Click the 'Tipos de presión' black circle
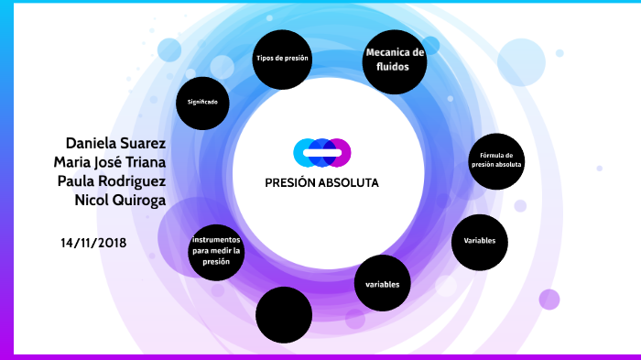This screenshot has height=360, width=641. point(281,59)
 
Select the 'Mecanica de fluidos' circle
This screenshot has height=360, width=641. point(395,60)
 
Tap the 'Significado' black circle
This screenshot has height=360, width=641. point(202,102)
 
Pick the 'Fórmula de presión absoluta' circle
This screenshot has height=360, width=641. point(496,160)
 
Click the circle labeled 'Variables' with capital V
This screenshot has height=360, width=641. point(479,241)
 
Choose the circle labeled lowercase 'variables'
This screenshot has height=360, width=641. point(382,285)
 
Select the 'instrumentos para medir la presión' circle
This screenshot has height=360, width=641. point(217,250)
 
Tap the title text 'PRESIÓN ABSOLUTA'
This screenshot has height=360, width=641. point(321,182)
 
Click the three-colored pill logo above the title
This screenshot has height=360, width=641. point(322,152)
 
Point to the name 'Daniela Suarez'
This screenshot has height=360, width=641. point(115,143)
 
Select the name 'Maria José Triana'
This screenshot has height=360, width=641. point(110,162)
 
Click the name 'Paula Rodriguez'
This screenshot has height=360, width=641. point(112,181)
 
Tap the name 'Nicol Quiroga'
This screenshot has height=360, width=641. point(120,201)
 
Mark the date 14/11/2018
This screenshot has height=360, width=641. point(93,243)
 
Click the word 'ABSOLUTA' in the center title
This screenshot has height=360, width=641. point(348,182)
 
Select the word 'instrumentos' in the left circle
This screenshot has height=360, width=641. point(217,239)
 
